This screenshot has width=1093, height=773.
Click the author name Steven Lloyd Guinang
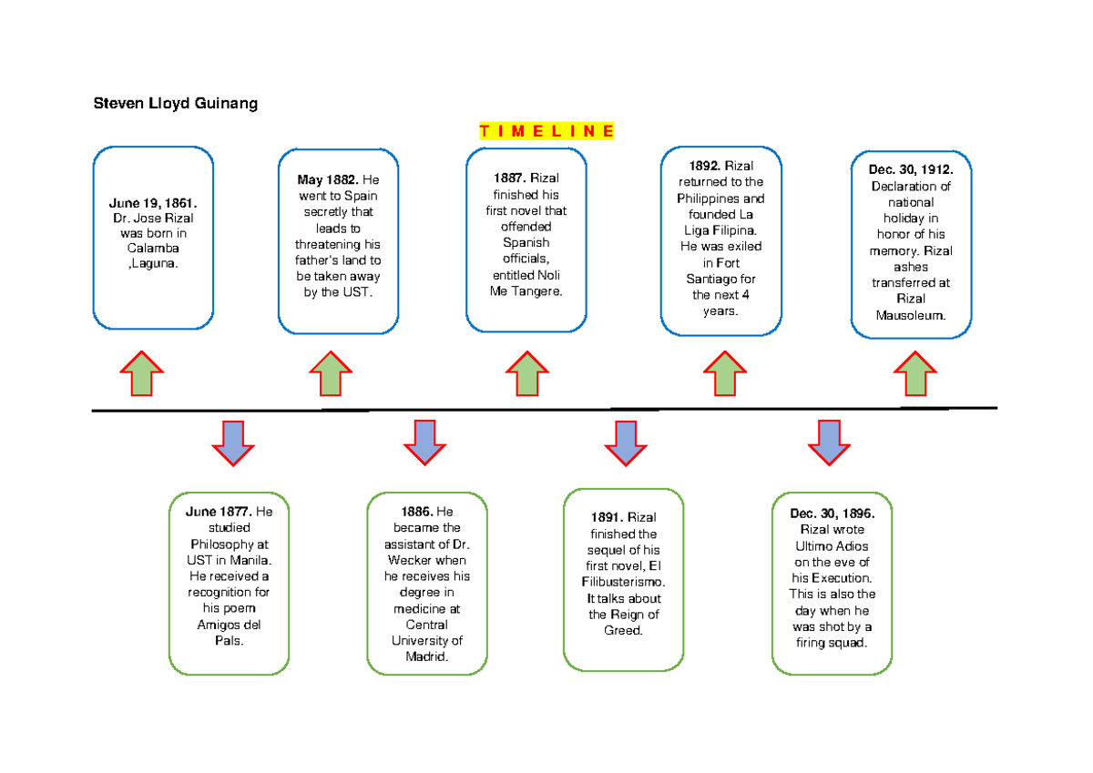click(x=176, y=104)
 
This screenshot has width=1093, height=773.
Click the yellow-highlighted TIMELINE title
click(x=546, y=131)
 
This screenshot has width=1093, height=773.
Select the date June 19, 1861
click(x=153, y=201)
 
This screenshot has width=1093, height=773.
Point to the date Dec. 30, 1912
click(x=910, y=170)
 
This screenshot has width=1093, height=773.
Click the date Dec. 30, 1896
click(x=832, y=513)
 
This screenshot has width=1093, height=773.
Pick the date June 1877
click(x=219, y=512)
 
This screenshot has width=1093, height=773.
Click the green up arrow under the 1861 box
click(x=141, y=373)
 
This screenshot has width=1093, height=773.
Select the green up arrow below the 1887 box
click(x=526, y=373)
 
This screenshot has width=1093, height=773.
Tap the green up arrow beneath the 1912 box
click(x=914, y=373)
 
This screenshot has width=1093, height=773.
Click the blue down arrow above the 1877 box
click(x=233, y=442)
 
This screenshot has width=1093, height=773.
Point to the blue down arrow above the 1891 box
click(x=626, y=442)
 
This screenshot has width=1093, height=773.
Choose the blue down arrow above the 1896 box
click(x=830, y=442)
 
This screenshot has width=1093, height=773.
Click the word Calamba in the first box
click(x=153, y=249)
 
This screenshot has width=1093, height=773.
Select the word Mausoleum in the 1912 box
click(x=911, y=315)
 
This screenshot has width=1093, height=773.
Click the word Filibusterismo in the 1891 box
click(x=623, y=583)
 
